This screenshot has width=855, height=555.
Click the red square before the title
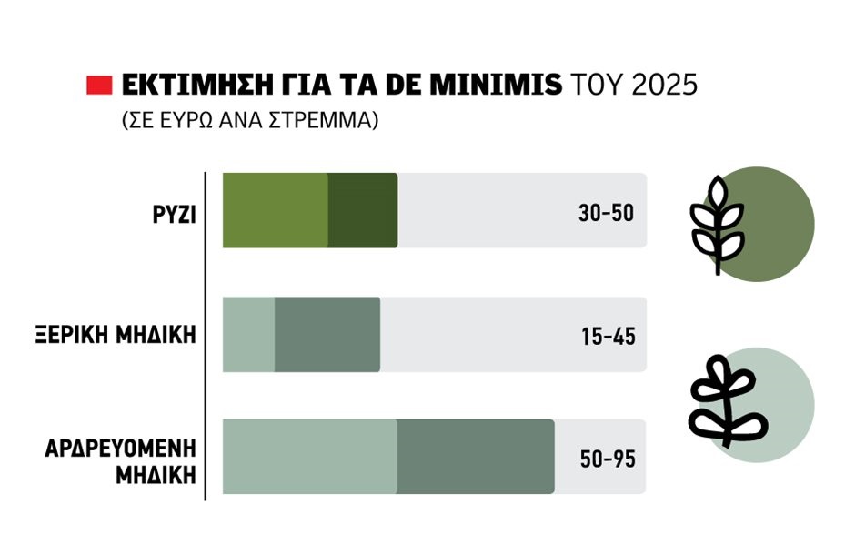pyautogui.click(x=98, y=86)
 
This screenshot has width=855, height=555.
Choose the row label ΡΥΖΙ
pyautogui.click(x=175, y=211)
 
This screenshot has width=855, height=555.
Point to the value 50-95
pyautogui.click(x=607, y=459)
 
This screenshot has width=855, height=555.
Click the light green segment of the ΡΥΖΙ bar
pyautogui.click(x=275, y=210)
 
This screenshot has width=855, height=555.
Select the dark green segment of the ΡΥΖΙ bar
pyautogui.click(x=362, y=210)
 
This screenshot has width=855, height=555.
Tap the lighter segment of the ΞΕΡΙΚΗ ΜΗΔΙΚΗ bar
pyautogui.click(x=248, y=334)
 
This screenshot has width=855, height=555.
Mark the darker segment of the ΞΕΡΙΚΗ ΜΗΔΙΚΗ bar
pyautogui.click(x=327, y=334)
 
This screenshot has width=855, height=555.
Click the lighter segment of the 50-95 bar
pyautogui.click(x=309, y=457)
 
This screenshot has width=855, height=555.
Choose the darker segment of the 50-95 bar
pyautogui.click(x=475, y=457)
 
